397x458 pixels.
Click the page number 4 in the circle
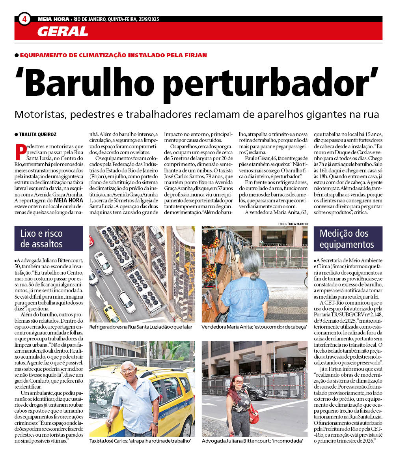coord(24,19)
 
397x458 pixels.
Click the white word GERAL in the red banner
coord(62,32)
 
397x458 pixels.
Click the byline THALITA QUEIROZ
coord(37,134)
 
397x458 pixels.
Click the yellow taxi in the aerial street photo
coord(112,314)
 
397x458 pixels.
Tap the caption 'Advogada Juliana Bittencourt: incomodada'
coord(252,441)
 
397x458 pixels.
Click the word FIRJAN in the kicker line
coord(193,55)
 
